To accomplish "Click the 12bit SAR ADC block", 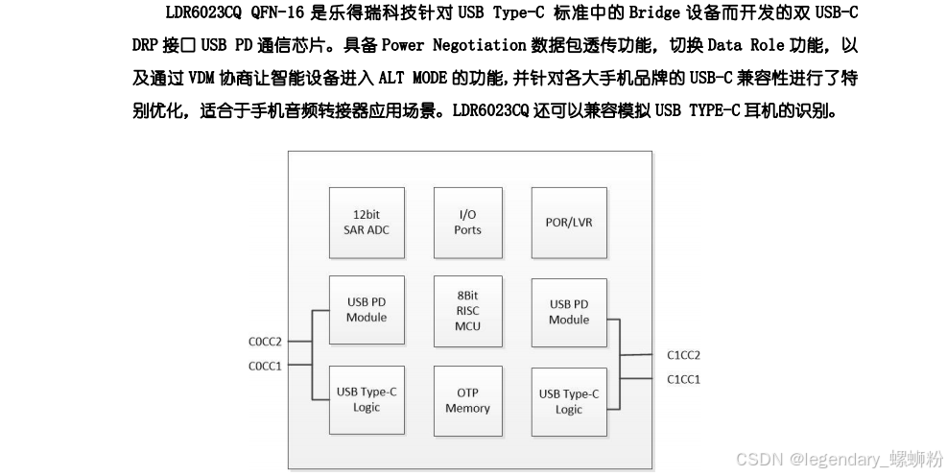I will [x=366, y=222].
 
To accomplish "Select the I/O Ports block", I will [x=467, y=222].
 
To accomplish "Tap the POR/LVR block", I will [x=569, y=222].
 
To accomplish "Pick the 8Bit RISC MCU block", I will [x=467, y=311].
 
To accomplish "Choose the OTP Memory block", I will [x=467, y=400].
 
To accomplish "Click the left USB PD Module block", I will [x=366, y=310].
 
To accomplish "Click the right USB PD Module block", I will [x=569, y=312].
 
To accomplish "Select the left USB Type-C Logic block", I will [x=366, y=399].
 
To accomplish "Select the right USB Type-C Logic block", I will [x=569, y=401].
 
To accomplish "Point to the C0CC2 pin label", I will [x=265, y=341].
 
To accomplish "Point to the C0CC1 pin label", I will [x=265, y=365].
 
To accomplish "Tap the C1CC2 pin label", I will [x=684, y=355].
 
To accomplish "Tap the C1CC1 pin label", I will [x=684, y=379].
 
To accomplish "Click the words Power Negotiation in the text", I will [x=454, y=45].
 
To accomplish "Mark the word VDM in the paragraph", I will [x=201, y=78].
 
